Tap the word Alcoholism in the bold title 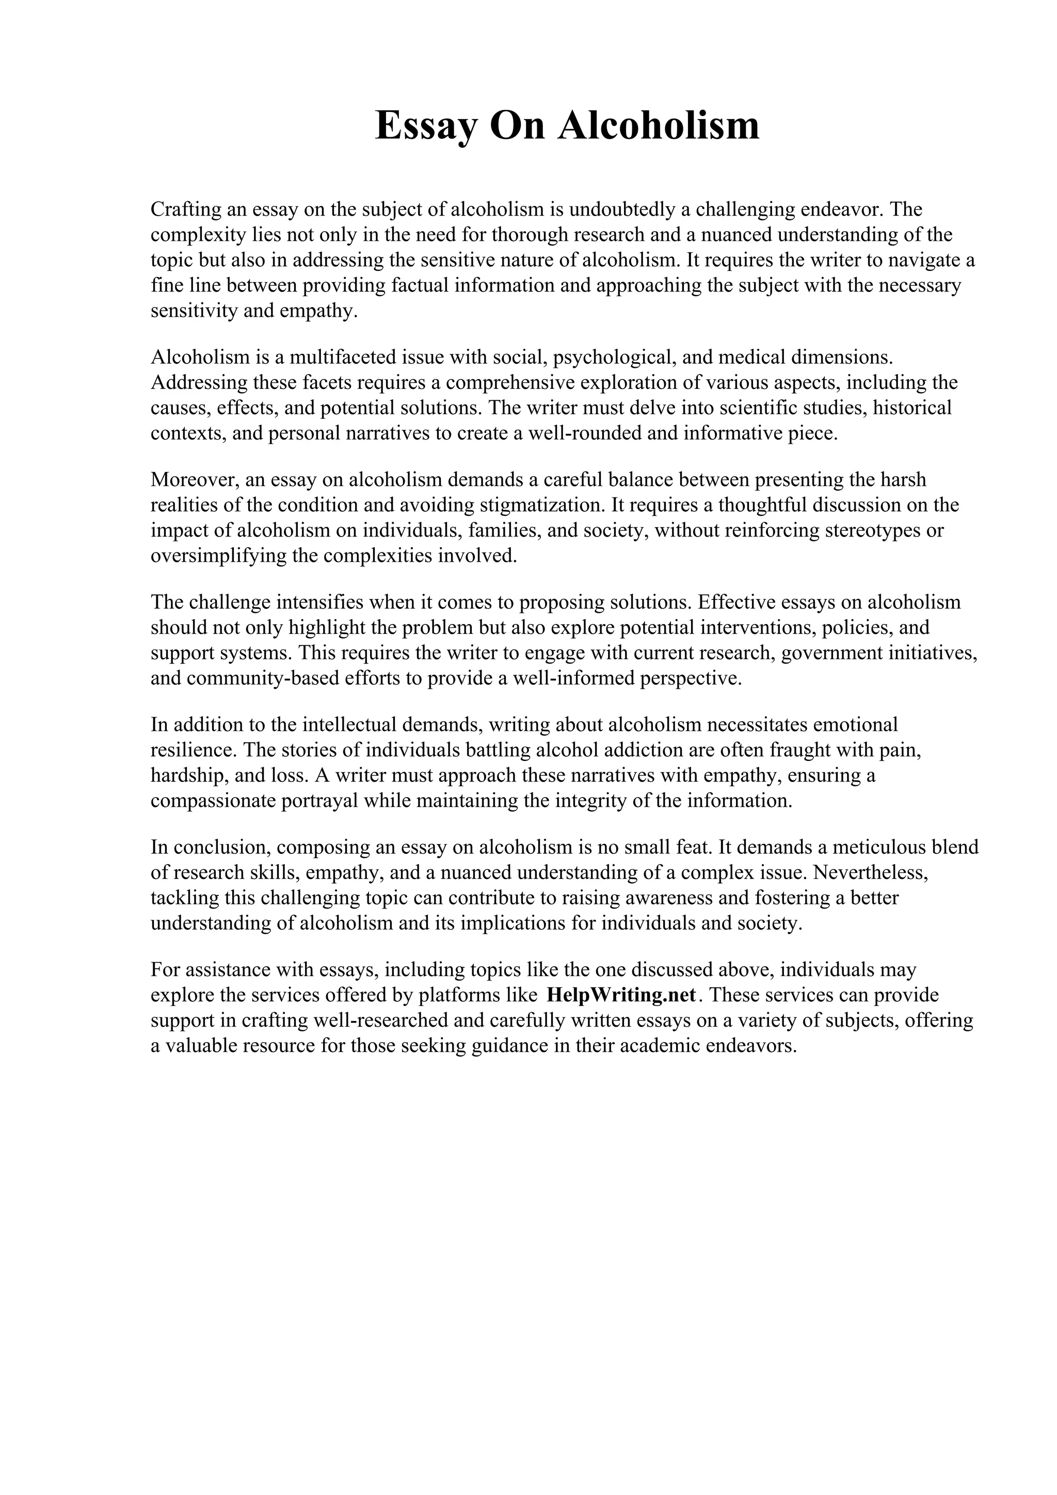659,126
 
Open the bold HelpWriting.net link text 621,996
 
